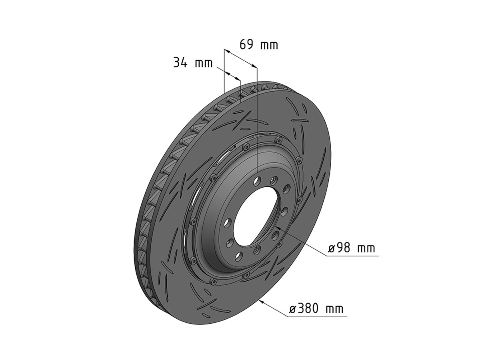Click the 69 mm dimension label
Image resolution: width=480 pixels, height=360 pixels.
point(258,44)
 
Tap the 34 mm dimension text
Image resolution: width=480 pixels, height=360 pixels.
point(192,62)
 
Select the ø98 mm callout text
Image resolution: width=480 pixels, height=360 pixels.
point(352,248)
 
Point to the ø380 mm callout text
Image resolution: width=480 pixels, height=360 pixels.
point(316,309)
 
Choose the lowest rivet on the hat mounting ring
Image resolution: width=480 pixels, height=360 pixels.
point(215,282)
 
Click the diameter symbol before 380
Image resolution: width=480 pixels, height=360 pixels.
point(292,309)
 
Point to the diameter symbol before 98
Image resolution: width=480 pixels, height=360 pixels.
point(332,248)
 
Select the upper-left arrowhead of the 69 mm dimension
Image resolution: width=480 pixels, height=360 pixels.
point(226,51)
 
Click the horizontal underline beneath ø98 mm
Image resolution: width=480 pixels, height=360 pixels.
point(352,256)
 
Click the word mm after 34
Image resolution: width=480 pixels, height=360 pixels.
point(204,63)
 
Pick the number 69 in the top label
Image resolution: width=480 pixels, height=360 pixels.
point(246,44)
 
